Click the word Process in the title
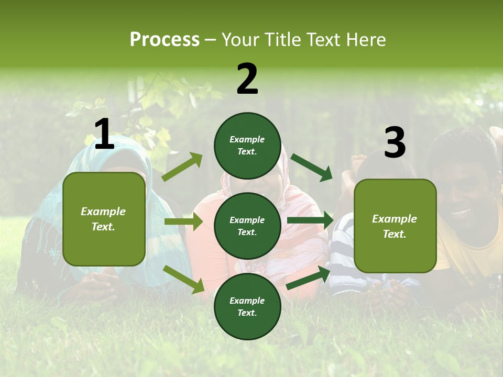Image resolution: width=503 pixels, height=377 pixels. pos(165,40)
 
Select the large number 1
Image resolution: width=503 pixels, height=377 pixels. pos(104,135)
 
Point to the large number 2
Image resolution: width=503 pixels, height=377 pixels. pos(247,79)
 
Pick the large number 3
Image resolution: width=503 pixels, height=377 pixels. pos(395,143)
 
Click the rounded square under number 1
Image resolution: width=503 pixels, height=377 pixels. pos(104,219)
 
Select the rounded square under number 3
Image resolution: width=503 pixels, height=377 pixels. pos(395,226)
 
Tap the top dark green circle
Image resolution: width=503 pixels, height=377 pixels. pos(247,146)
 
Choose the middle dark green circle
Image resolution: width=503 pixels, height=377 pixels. pos(247,226)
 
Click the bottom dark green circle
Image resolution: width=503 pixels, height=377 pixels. pos(247,306)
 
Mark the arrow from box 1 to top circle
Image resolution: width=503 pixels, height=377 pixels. pos(182,167)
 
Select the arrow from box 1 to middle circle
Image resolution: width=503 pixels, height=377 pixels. pos(183,221)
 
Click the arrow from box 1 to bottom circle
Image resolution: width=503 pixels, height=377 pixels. pos(183,279)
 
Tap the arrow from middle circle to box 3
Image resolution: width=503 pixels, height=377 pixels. pos(310,220)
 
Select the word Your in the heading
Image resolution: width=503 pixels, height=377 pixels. pos(240,40)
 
